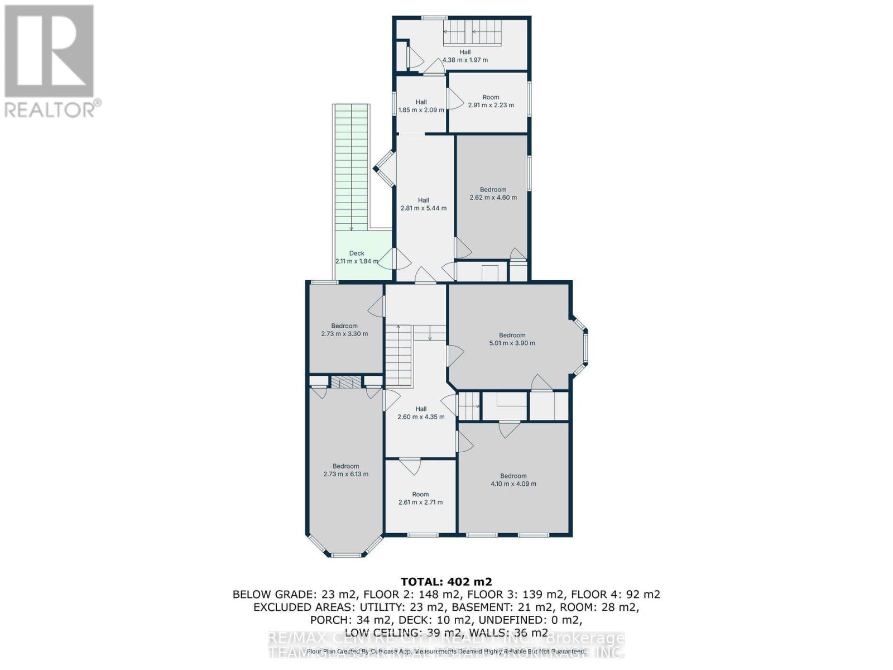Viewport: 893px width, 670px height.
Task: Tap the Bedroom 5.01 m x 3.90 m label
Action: (512, 339)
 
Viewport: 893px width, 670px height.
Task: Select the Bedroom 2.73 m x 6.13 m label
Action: (345, 470)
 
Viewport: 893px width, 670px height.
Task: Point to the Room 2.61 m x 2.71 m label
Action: (420, 498)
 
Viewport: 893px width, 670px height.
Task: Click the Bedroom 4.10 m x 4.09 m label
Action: (513, 480)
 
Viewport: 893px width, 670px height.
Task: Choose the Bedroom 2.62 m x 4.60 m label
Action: (493, 193)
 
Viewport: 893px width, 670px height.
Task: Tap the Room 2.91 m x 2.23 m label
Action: (491, 101)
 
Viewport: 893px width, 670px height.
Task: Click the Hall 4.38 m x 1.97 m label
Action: (465, 56)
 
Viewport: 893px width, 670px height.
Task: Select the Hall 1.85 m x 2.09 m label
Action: (421, 106)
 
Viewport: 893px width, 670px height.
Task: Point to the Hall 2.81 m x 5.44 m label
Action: (423, 204)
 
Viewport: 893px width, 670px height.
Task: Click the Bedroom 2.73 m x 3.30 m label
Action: (344, 330)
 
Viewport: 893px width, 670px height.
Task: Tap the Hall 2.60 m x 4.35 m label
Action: (421, 413)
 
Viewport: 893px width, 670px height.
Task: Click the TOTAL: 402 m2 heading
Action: (446, 582)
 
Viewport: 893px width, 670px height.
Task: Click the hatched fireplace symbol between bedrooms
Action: (345, 382)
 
